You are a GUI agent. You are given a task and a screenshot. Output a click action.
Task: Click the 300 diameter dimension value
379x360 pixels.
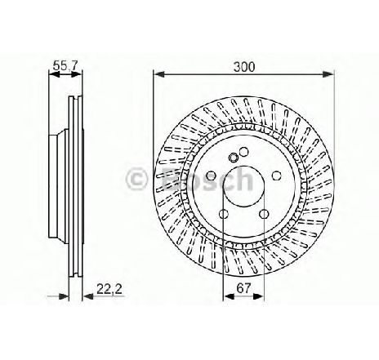(x=244, y=67)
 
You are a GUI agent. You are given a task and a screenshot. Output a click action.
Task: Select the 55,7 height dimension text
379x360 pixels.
(x=65, y=66)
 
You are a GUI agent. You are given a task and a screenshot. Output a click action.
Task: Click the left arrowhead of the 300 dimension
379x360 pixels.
(x=159, y=74)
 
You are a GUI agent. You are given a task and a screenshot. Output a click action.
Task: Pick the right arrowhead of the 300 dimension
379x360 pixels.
(x=328, y=74)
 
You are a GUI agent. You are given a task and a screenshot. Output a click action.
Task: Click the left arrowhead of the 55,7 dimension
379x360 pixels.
(x=54, y=74)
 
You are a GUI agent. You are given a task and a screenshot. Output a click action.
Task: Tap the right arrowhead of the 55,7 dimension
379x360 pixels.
(x=76, y=74)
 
